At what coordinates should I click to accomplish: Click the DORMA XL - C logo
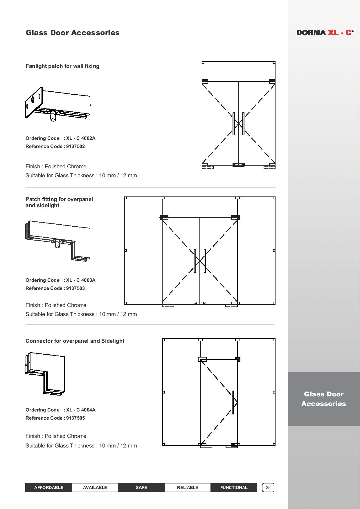[325, 33]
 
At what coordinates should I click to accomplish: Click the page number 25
[268, 488]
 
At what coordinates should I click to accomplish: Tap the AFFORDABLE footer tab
[49, 488]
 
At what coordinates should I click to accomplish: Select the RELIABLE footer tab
[188, 488]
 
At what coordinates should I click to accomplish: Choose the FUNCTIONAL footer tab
[234, 488]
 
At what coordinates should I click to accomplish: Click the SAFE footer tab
[141, 488]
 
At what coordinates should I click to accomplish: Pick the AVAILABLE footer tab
[95, 488]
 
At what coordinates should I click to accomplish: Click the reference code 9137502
[75, 146]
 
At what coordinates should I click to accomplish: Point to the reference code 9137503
[75, 288]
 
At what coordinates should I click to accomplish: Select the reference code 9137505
[75, 418]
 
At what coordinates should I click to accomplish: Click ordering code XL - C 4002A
[81, 138]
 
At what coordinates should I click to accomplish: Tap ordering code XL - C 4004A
[81, 410]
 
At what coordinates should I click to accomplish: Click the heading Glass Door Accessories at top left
[73, 33]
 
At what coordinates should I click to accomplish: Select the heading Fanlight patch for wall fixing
[62, 66]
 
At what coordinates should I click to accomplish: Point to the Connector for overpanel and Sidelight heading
[75, 341]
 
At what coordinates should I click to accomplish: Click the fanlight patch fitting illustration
[58, 104]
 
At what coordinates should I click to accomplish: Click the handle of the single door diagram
[233, 402]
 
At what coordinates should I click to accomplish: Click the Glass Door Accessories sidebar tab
[324, 399]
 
